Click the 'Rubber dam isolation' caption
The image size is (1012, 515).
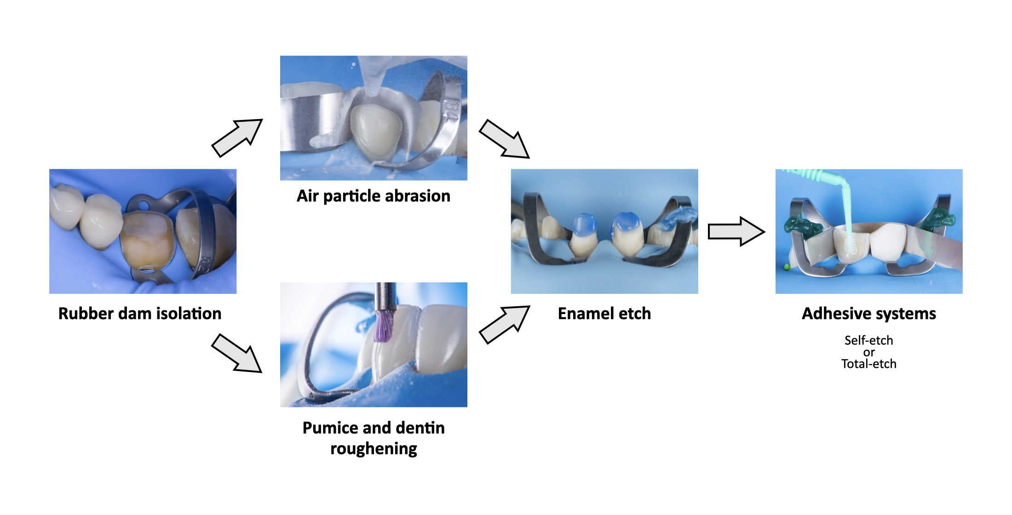pyautogui.click(x=140, y=314)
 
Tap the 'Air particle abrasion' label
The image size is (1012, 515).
pyautogui.click(x=373, y=196)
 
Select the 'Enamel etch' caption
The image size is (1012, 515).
pyautogui.click(x=604, y=314)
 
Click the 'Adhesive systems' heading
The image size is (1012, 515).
pyautogui.click(x=868, y=314)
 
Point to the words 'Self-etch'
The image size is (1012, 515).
pyautogui.click(x=868, y=340)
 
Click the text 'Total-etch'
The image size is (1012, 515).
pyautogui.click(x=868, y=364)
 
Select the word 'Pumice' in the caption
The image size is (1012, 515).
pyautogui.click(x=330, y=428)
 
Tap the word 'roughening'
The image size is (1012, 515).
pyautogui.click(x=374, y=448)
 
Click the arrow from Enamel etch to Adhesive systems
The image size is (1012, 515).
pyautogui.click(x=736, y=231)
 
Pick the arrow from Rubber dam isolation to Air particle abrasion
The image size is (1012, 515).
pyautogui.click(x=237, y=137)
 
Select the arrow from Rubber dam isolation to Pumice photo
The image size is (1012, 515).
pyautogui.click(x=237, y=353)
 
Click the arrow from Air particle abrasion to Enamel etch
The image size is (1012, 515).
pyautogui.click(x=505, y=139)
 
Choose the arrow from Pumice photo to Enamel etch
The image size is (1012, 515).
pyautogui.click(x=505, y=324)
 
